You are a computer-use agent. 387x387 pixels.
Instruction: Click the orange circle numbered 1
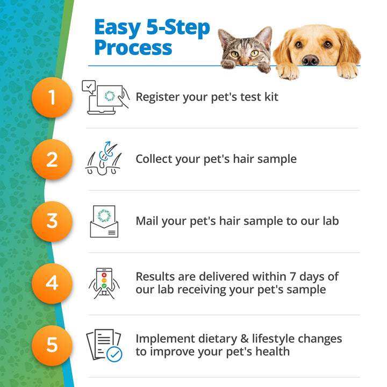tap(52, 97)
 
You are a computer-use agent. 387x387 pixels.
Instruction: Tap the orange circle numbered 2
tap(52, 159)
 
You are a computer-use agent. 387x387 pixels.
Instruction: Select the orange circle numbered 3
tap(52, 221)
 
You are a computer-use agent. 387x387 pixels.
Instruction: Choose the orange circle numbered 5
tap(52, 345)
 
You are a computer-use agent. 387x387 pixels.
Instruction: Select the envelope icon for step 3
tap(104, 221)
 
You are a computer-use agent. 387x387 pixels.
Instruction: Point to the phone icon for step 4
tap(104, 283)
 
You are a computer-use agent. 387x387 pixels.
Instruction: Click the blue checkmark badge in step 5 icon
tap(114, 354)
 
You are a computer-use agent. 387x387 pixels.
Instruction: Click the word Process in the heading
tap(133, 47)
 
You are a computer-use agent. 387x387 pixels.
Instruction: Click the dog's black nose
tap(310, 59)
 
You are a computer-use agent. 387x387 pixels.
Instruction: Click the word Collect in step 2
tap(154, 159)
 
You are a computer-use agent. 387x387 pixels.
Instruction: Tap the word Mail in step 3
tap(147, 221)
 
